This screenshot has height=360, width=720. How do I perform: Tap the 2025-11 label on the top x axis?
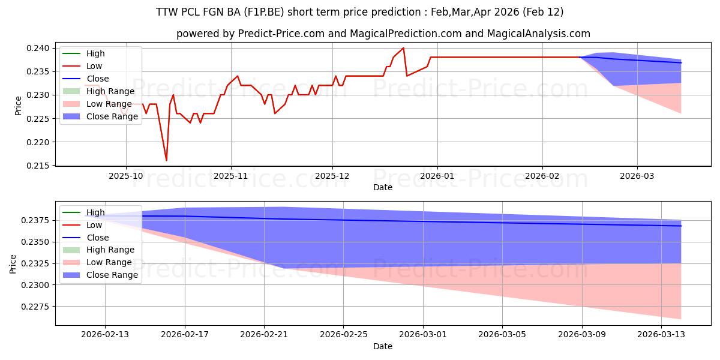coord(231,176)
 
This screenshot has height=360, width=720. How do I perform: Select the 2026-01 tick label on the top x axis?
coord(437,176)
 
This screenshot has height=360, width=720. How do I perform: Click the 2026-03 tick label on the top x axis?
coord(637,176)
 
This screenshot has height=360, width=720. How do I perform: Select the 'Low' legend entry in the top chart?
coord(94,66)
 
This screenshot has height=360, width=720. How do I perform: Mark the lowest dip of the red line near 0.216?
coord(166,160)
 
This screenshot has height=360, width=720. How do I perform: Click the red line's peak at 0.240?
coord(403,48)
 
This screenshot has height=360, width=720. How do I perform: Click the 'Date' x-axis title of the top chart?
coord(383,187)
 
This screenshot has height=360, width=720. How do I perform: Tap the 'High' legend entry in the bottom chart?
coord(95,212)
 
